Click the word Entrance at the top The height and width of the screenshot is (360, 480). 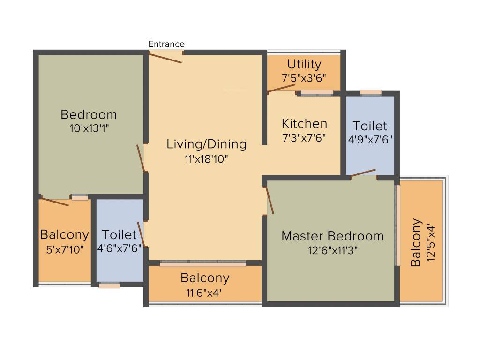click(166, 44)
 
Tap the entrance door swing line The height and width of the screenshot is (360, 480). click(165, 58)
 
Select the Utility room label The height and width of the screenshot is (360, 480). click(304, 64)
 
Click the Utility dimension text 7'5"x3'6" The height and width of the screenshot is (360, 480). click(304, 78)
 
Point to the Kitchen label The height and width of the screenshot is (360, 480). click(304, 124)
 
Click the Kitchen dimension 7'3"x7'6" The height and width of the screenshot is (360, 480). click(304, 138)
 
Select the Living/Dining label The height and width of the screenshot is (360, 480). click(206, 144)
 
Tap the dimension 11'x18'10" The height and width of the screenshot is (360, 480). click(206, 159)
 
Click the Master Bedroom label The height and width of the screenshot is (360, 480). click(332, 236)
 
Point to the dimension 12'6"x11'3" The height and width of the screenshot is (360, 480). click(332, 250)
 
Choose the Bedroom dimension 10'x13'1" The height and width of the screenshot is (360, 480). click(89, 127)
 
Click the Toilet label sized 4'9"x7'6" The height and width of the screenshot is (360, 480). click(370, 126)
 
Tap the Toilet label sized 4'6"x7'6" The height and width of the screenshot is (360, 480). click(119, 234)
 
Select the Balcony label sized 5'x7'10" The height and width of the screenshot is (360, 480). click(65, 234)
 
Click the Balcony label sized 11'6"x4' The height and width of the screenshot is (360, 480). click(205, 278)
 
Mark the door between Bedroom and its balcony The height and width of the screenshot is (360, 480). click(54, 202)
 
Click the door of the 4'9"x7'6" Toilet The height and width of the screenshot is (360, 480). click(363, 172)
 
